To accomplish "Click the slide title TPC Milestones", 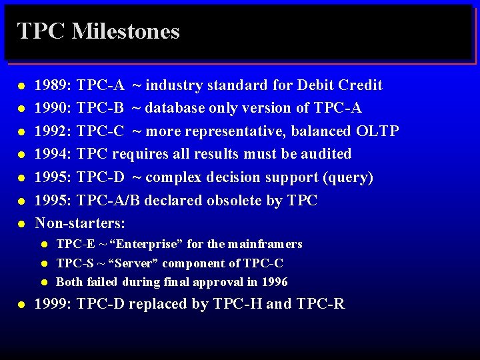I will tap(99, 31).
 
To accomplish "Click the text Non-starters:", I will tap(80, 223).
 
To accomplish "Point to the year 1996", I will tap(275, 282).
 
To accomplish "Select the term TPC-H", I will tap(238, 305).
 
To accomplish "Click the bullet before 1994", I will tap(21, 155).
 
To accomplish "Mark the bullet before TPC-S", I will tap(44, 264).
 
